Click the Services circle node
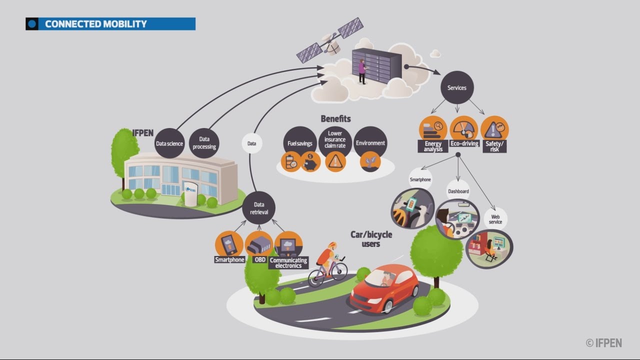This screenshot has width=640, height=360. point(456,88)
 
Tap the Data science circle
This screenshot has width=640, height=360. point(169,143)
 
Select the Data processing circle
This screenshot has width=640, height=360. point(204,143)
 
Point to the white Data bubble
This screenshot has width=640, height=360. point(251,143)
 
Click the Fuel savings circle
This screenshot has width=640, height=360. point(299,143)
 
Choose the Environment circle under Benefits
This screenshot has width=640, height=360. point(370,143)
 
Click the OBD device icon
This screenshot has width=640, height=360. point(259,245)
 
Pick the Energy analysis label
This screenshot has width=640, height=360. point(433,146)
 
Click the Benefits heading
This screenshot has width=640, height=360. point(335,119)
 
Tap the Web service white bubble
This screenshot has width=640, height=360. point(495,219)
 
